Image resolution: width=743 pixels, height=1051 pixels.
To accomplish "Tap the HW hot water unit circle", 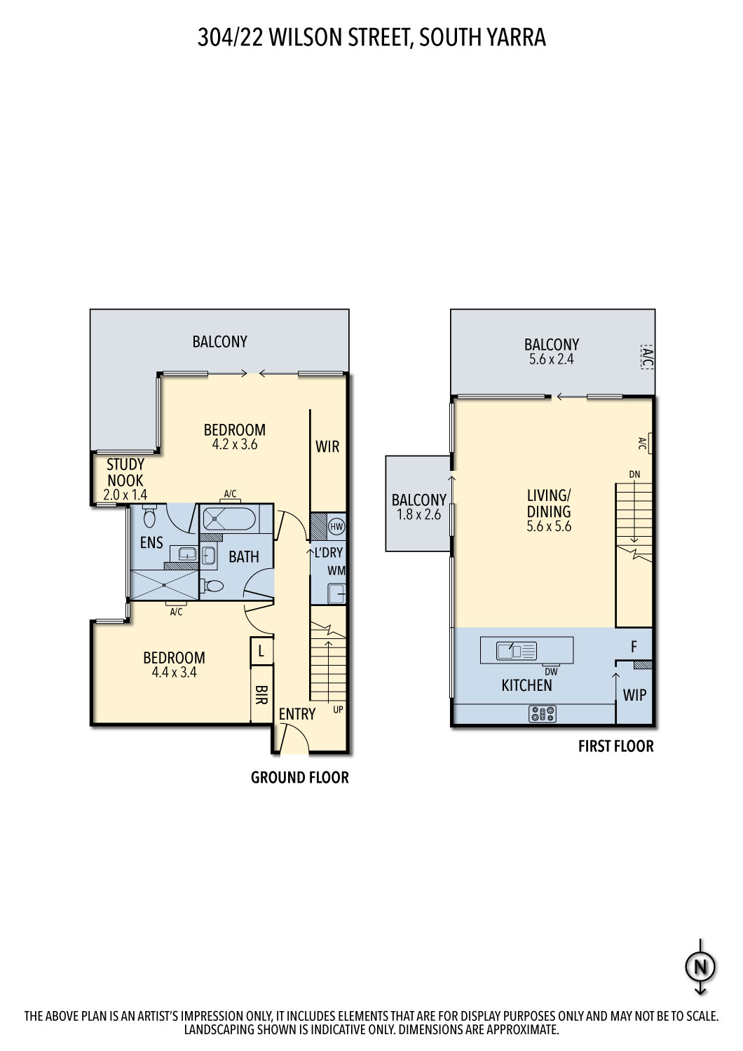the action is click(336, 526).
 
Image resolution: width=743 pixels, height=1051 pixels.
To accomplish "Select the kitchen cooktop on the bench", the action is click(542, 714).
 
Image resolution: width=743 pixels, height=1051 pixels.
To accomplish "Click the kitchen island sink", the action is click(517, 651).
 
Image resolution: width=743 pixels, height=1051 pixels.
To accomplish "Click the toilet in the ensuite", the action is click(150, 516).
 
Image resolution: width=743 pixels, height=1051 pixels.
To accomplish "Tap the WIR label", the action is click(327, 446).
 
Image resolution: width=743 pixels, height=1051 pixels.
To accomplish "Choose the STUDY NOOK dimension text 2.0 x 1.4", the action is click(125, 495).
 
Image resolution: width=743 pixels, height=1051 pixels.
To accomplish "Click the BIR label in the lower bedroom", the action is click(261, 695).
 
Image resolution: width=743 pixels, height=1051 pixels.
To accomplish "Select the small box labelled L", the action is click(261, 650).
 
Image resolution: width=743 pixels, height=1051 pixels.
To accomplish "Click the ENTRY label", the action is click(296, 714).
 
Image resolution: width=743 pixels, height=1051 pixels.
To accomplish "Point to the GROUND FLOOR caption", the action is click(300, 778).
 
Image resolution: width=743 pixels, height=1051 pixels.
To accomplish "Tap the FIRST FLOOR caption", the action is click(616, 746).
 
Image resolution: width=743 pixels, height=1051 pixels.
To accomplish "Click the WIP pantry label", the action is click(634, 694).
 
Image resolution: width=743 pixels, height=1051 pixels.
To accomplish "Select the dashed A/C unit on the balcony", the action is click(647, 357).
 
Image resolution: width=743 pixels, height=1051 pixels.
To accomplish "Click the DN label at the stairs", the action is click(634, 474).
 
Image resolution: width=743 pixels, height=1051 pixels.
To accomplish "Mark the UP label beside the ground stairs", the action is click(338, 709).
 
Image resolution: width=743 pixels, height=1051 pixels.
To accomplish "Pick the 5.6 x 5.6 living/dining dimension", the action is click(549, 526).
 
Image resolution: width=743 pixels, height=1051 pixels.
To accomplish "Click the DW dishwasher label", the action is click(552, 671).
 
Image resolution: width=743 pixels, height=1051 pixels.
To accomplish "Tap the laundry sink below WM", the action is click(336, 593).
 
